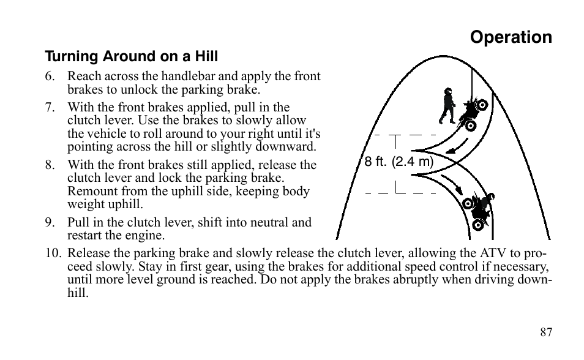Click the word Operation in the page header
tap(511, 37)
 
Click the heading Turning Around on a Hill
tap(131, 57)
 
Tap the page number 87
tap(546, 332)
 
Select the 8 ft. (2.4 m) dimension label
tap(399, 163)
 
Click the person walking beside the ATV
tap(447, 107)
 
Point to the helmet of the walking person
tap(447, 92)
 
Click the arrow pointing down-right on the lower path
tap(454, 184)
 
